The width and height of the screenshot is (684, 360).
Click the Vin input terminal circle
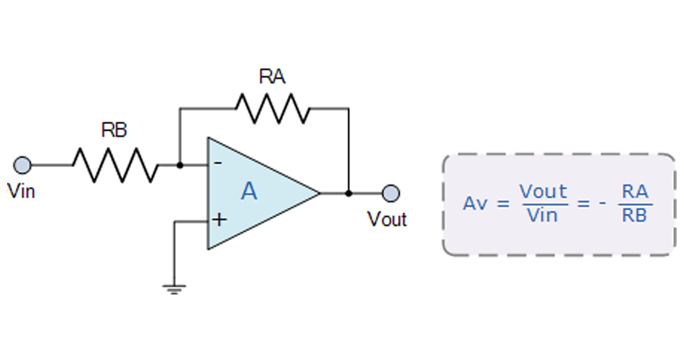pyautogui.click(x=22, y=165)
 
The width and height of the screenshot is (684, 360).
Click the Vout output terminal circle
pyautogui.click(x=391, y=193)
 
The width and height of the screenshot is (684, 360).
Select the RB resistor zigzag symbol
pyautogui.click(x=115, y=165)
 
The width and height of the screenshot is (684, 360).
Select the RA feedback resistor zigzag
pyautogui.click(x=272, y=109)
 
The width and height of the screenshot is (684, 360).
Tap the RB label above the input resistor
pyautogui.click(x=114, y=130)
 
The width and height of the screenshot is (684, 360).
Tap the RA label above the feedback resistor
pyautogui.click(x=272, y=76)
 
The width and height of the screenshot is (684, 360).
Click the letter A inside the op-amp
pyautogui.click(x=249, y=192)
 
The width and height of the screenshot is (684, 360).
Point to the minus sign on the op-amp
pyautogui.click(x=218, y=163)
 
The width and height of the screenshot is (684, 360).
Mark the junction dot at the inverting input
pyautogui.click(x=179, y=165)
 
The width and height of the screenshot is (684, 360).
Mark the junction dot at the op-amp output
pyautogui.click(x=348, y=193)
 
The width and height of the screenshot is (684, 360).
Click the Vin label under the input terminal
pyautogui.click(x=21, y=192)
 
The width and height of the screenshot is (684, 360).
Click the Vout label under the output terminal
pyautogui.click(x=387, y=219)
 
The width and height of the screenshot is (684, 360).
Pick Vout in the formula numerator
pyautogui.click(x=543, y=192)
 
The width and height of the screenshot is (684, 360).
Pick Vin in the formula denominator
pyautogui.click(x=543, y=215)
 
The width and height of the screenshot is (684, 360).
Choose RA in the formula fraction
pyautogui.click(x=634, y=192)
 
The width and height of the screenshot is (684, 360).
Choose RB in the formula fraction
pyautogui.click(x=634, y=215)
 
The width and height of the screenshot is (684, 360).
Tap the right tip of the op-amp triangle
pyautogui.click(x=319, y=193)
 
